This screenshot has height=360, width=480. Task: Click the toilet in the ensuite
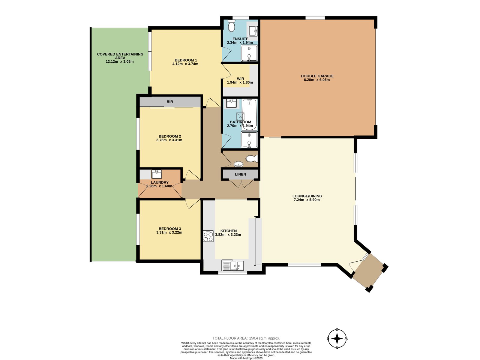pyautogui.click(x=231, y=26)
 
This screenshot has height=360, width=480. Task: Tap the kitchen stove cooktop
pyautogui.click(x=208, y=236)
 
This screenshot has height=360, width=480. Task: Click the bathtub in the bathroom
pyautogui.click(x=250, y=115)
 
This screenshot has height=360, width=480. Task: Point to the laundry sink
pyautogui.click(x=157, y=174)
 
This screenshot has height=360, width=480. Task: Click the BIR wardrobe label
pyautogui.click(x=170, y=102)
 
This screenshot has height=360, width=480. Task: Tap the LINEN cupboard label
pyautogui.click(x=240, y=174)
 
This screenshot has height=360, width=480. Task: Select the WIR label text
pyautogui.click(x=240, y=79)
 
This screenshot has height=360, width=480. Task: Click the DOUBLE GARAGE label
pyautogui.click(x=317, y=76)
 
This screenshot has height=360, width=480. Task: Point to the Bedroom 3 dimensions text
pyautogui.click(x=169, y=232)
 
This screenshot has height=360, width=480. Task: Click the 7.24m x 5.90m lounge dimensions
pyautogui.click(x=307, y=199)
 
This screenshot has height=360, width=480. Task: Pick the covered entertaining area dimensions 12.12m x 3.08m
pyautogui.click(x=120, y=61)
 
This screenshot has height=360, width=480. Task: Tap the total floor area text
pyautogui.click(x=246, y=338)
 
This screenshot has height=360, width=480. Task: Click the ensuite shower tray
pyautogui.click(x=249, y=53)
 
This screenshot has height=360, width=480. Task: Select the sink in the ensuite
pyautogui.click(x=253, y=31)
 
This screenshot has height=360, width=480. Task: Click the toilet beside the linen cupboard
pyautogui.click(x=252, y=158)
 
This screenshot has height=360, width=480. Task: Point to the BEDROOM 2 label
pyautogui.click(x=170, y=136)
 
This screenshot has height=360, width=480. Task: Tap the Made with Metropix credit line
pyautogui.click(x=246, y=358)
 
